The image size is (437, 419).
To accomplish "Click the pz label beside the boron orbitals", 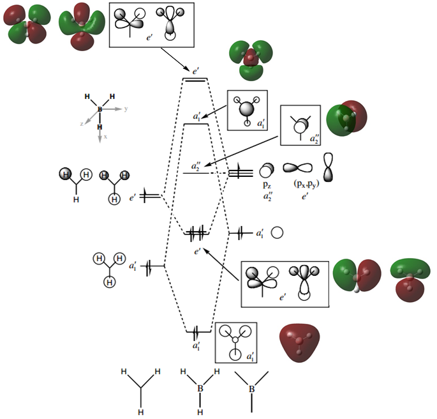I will click(x=267, y=184).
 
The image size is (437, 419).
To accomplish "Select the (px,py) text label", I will click(x=299, y=185).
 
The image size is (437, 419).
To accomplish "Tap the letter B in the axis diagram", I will click(x=100, y=110).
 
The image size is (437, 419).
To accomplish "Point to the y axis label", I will click(x=126, y=109).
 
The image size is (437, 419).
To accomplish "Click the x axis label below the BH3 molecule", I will click(x=105, y=137).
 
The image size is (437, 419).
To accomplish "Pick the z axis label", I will click(x=82, y=125).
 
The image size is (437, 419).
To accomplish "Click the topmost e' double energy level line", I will click(x=195, y=79).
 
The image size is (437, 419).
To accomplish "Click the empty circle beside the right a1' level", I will click(x=277, y=233).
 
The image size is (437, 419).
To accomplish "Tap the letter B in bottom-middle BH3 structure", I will click(x=200, y=388).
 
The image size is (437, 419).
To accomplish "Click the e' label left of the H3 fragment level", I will click(x=133, y=198).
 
